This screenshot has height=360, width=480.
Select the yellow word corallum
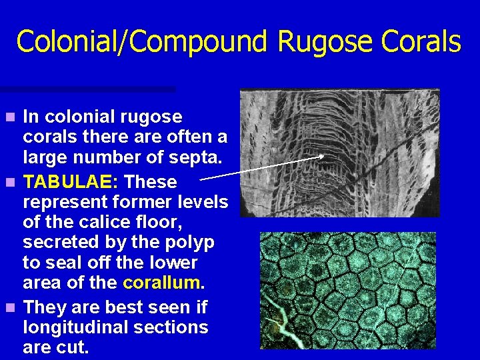163,283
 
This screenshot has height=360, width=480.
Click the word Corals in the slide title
421,41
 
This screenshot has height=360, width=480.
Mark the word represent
64,202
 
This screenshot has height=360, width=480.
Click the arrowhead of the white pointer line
323,157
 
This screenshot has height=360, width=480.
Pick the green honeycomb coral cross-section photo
347,290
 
